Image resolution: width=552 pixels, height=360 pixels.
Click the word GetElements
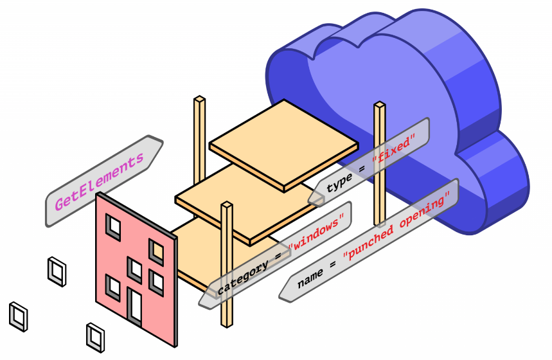[99, 183]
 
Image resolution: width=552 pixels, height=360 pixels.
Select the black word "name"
[310, 278]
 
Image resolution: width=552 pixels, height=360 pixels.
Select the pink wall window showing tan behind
[156, 250]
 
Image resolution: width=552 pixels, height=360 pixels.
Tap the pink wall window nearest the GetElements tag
[114, 226]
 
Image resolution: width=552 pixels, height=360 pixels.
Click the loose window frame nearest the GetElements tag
[57, 271]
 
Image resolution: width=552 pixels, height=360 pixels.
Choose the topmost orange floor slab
[283, 145]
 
